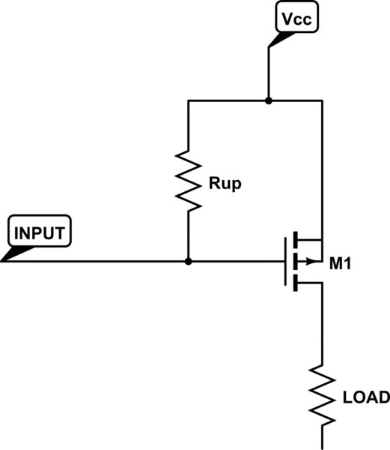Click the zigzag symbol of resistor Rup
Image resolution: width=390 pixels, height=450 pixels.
(188, 180)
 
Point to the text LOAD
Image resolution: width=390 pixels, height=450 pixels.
(365, 397)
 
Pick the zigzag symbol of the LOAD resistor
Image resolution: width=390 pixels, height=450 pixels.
(323, 393)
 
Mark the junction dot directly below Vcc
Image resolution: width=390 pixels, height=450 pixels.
(268, 100)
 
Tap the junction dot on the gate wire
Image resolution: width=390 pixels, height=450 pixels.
(188, 262)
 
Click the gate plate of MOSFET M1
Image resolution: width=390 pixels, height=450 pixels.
(284, 262)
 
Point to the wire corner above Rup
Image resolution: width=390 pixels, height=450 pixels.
(188, 100)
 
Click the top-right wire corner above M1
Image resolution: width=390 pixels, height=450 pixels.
(323, 100)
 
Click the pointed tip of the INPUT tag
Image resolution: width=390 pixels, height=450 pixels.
(2, 260)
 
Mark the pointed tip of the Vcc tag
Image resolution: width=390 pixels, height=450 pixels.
(269, 48)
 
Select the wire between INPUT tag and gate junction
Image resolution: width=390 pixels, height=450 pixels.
(97, 262)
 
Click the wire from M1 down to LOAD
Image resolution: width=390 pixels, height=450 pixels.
(323, 322)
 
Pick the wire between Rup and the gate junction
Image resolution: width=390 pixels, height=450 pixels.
(188, 236)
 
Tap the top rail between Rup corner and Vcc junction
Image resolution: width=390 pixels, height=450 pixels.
(228, 100)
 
